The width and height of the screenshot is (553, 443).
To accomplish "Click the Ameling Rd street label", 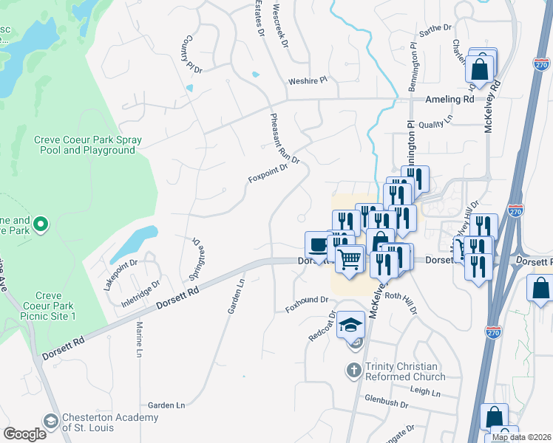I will tap(449, 99).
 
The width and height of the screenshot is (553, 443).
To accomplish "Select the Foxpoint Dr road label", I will tap(268, 178).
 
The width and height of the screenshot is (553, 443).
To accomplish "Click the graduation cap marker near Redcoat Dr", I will tap(350, 325).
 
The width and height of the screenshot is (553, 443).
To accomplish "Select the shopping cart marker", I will tap(349, 259).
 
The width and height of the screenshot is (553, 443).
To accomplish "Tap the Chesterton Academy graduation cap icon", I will tap(51, 422).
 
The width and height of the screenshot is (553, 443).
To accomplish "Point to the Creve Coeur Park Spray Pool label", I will tap(84, 145).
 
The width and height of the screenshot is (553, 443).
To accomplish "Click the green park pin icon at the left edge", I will tap(41, 222).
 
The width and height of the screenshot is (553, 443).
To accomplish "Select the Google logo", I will tap(24, 434).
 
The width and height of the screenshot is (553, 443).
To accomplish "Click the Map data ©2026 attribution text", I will tap(522, 437).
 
